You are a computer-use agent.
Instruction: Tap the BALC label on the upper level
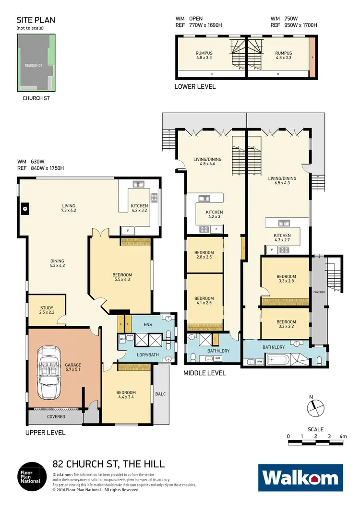(160, 394)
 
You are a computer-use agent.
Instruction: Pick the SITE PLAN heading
(36, 20)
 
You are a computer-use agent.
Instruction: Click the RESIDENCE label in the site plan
(34, 65)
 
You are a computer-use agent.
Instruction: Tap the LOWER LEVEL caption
(195, 87)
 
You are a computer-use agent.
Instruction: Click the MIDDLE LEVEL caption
(205, 373)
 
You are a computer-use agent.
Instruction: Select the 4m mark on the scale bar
(343, 437)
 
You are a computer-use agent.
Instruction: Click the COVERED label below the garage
(56, 417)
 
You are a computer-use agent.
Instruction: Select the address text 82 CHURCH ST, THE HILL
(108, 464)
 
